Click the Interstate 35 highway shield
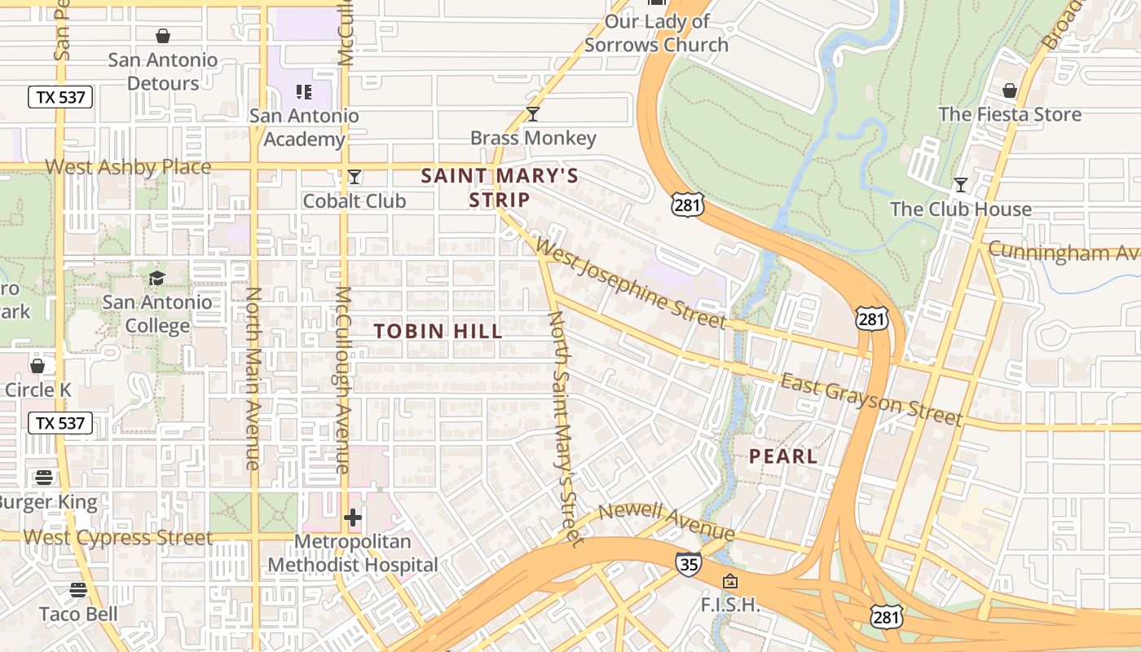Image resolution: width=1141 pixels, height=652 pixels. tap(688, 563)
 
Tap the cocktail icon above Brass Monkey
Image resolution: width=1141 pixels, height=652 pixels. tap(533, 114)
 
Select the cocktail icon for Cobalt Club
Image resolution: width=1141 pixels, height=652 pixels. tap(355, 177)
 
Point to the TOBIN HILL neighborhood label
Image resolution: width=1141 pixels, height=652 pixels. tap(438, 331)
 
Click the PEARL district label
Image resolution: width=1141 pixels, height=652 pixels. tap(783, 456)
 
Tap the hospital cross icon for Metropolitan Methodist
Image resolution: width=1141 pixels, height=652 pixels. tap(352, 518)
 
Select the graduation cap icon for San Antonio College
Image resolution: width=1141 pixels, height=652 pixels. tap(156, 278)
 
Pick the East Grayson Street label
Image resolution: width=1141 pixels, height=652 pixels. tap(871, 399)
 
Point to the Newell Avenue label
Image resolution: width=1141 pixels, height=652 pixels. tap(667, 520)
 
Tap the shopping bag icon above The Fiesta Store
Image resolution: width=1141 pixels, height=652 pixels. tap(1010, 90)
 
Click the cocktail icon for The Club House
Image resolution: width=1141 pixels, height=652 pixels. tap(961, 185)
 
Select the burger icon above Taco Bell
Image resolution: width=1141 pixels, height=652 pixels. tap(78, 589)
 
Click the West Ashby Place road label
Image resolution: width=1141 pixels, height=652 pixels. tap(128, 167)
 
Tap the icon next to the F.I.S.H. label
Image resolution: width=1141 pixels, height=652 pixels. tap(730, 581)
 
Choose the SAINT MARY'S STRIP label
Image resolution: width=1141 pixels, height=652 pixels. tap(500, 187)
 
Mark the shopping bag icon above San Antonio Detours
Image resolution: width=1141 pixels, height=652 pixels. tap(163, 36)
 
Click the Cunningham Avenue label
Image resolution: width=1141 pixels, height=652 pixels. tap(1064, 253)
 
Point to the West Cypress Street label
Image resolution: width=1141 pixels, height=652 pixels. tap(118, 538)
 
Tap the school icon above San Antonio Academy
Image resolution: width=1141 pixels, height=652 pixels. tap(304, 92)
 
